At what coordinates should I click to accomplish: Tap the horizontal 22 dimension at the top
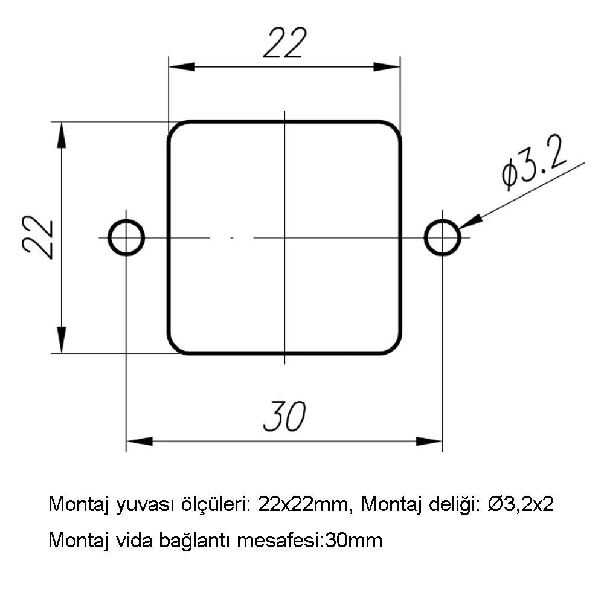[284, 43]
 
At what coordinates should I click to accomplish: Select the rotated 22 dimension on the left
[37, 237]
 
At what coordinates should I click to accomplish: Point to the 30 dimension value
[284, 416]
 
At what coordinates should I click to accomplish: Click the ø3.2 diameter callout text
[535, 162]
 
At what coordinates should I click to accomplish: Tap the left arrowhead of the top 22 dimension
[182, 66]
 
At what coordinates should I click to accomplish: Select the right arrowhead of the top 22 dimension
[387, 66]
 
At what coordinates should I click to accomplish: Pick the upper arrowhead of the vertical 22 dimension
[61, 135]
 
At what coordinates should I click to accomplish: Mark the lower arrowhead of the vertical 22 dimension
[61, 339]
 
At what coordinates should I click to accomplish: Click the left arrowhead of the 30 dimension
[140, 441]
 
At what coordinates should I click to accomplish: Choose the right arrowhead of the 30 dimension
[429, 441]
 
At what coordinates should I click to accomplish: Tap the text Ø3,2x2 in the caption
[521, 504]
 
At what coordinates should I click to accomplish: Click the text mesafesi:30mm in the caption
[310, 540]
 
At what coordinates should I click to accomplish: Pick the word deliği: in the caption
[455, 504]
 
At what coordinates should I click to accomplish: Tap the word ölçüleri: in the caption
[216, 504]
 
